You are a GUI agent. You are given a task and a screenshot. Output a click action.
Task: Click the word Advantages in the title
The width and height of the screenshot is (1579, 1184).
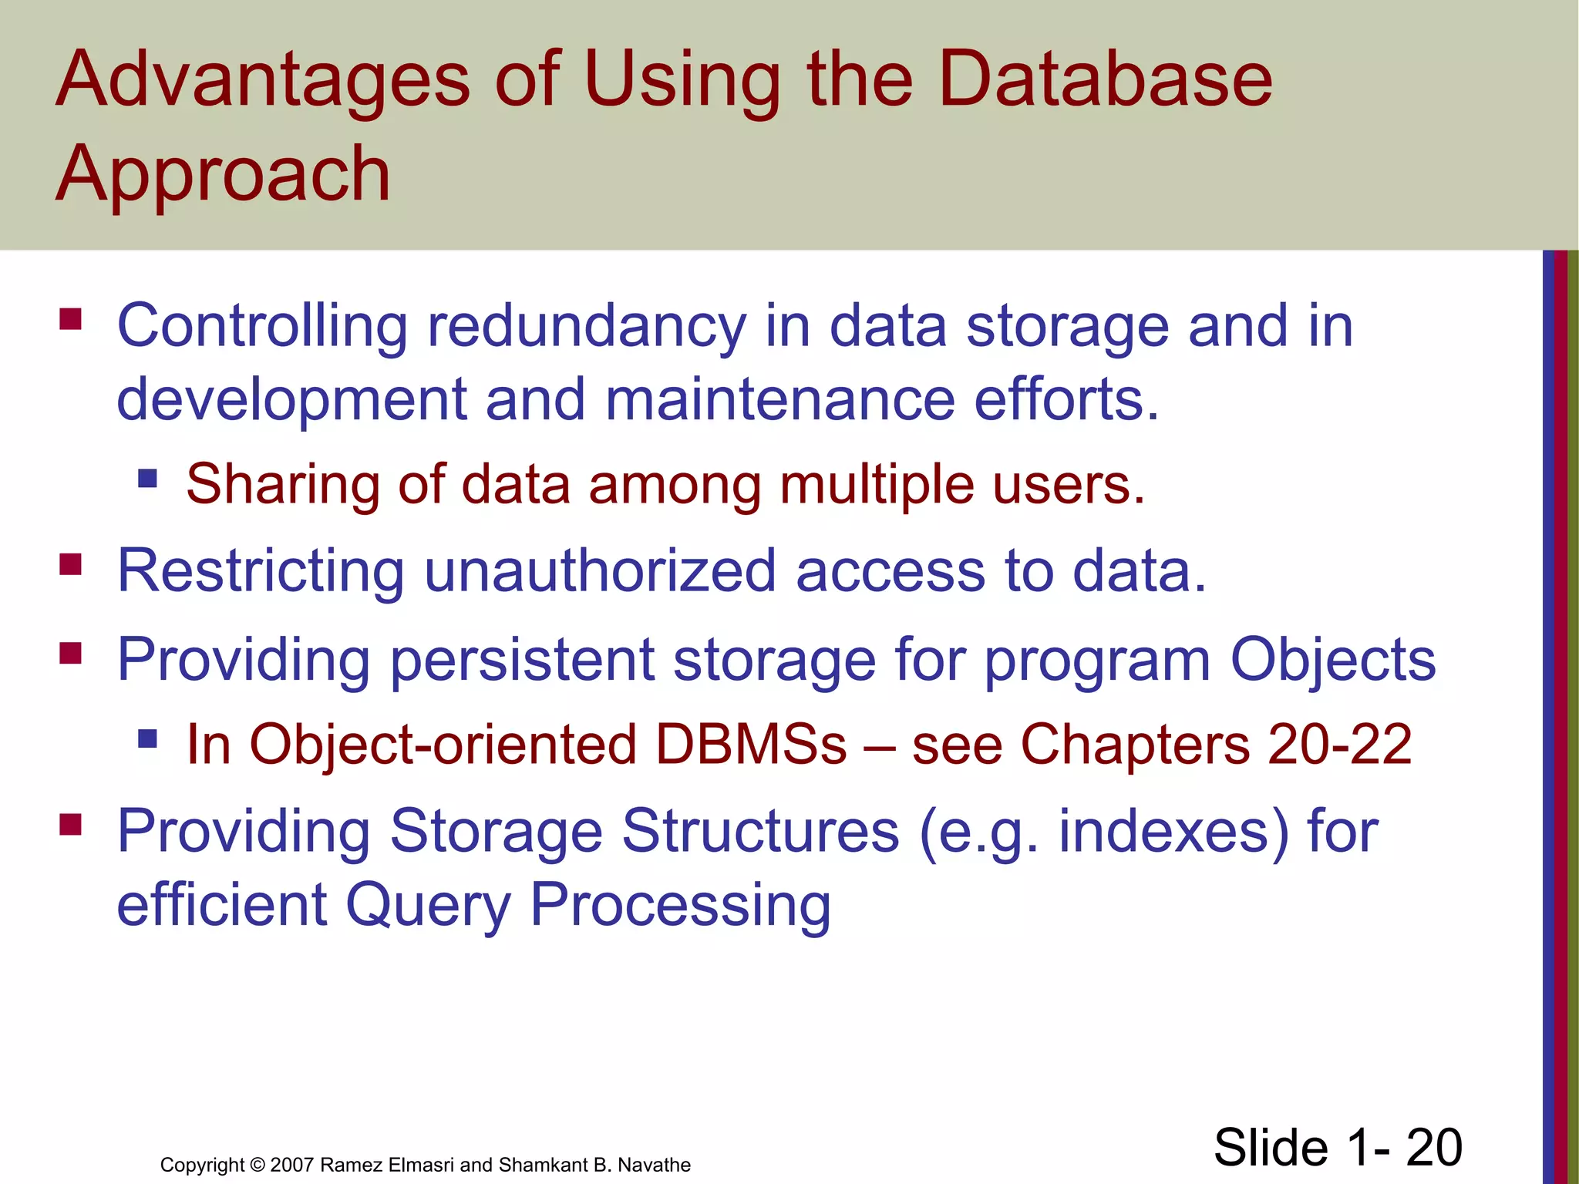pyautogui.click(x=263, y=79)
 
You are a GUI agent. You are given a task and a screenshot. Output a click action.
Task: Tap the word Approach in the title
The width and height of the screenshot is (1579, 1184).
pyautogui.click(x=224, y=174)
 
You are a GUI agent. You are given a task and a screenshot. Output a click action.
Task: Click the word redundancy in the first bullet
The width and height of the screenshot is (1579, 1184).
pyautogui.click(x=587, y=327)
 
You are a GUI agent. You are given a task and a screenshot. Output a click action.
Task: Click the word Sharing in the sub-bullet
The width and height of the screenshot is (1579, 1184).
pyautogui.click(x=282, y=485)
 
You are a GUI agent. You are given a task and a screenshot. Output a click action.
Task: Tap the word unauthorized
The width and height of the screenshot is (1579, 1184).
pyautogui.click(x=600, y=571)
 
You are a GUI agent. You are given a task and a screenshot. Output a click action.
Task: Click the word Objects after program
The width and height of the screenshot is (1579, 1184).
pyautogui.click(x=1332, y=661)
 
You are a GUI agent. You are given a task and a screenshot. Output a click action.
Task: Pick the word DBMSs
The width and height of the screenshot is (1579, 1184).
pyautogui.click(x=751, y=745)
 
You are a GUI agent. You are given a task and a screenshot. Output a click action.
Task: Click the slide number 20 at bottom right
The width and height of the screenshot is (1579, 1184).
pyautogui.click(x=1434, y=1147)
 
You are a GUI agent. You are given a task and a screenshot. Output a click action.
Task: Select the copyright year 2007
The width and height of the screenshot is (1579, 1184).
pyautogui.click(x=292, y=1165)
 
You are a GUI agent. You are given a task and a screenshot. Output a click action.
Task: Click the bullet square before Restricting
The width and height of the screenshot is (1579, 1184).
pyautogui.click(x=70, y=565)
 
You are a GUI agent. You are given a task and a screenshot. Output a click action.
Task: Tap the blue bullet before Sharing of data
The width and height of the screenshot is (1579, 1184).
pyautogui.click(x=147, y=479)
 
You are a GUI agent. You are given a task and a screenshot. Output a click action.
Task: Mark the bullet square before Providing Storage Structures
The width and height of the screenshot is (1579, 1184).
pyautogui.click(x=70, y=826)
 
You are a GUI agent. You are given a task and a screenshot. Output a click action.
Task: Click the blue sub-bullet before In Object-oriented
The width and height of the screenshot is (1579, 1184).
pyautogui.click(x=147, y=739)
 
